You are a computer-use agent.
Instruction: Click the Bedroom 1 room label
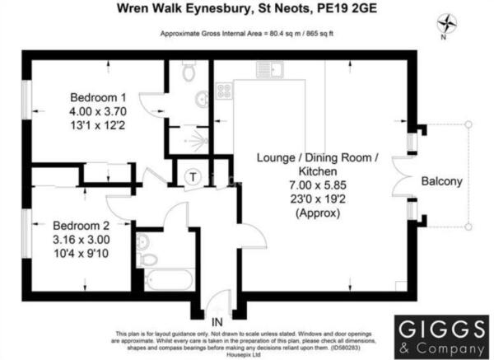(98, 97)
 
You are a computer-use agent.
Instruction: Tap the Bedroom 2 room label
(81, 226)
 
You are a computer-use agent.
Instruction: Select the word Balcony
(441, 181)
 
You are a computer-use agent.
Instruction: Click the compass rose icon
(447, 23)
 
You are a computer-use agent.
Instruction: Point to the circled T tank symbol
(193, 176)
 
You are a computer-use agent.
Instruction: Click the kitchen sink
(270, 69)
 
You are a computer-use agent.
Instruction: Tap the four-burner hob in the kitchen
(224, 91)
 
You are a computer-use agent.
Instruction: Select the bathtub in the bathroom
(170, 280)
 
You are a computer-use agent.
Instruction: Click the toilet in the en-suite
(189, 71)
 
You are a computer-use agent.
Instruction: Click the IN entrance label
(217, 322)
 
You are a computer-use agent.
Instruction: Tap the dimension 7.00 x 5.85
(318, 185)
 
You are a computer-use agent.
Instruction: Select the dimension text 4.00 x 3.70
(98, 111)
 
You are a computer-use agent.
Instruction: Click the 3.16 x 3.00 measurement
(82, 240)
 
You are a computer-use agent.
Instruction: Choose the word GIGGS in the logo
(441, 329)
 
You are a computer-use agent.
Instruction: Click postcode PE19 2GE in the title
(347, 8)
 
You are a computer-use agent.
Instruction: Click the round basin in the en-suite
(202, 99)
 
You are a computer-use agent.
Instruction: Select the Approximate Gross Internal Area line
(247, 34)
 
